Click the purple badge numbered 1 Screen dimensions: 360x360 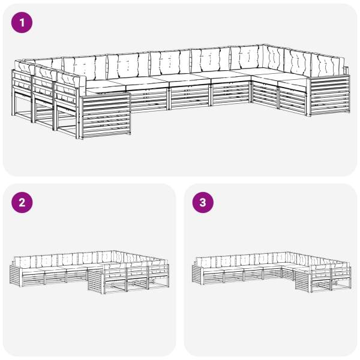pyautogui.click(x=22, y=23)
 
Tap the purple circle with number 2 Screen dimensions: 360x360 pyautogui.click(x=22, y=203)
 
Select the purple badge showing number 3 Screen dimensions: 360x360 pyautogui.click(x=203, y=203)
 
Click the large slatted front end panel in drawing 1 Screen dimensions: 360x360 pyautogui.click(x=106, y=115)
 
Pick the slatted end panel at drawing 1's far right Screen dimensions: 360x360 pyautogui.click(x=329, y=96)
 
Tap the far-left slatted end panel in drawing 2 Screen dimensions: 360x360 pyautogui.click(x=16, y=275)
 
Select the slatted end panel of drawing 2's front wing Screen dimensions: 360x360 pyautogui.click(x=95, y=281)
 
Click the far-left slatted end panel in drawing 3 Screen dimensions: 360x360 pyautogui.click(x=197, y=275)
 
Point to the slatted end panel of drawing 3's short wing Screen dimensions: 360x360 pyautogui.click(x=303, y=281)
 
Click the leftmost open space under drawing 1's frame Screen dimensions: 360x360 pyautogui.click(x=22, y=106)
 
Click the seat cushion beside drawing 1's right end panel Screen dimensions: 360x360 pyautogui.click(x=292, y=84)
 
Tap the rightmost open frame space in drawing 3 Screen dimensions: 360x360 pyautogui.click(x=341, y=284)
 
